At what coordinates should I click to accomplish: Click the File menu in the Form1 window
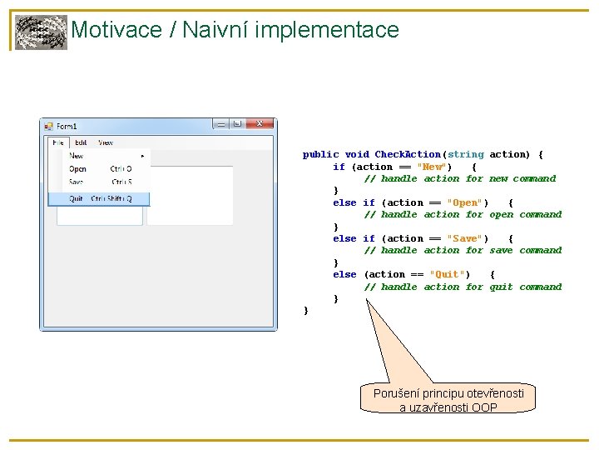(x=58, y=142)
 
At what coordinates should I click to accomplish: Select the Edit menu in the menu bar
(x=81, y=142)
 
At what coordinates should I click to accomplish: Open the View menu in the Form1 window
(x=106, y=142)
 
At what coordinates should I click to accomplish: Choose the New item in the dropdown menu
(x=77, y=156)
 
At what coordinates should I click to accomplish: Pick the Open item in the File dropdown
(x=77, y=169)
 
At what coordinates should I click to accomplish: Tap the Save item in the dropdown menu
(x=77, y=182)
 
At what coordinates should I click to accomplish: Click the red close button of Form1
(x=259, y=123)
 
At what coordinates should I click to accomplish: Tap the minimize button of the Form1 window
(x=221, y=123)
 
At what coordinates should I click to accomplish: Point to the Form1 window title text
(x=67, y=126)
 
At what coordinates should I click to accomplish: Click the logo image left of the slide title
(x=41, y=32)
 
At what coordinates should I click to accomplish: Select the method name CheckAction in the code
(x=408, y=154)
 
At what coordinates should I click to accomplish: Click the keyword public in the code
(x=320, y=154)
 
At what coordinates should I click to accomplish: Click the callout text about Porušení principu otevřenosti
(x=448, y=399)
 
